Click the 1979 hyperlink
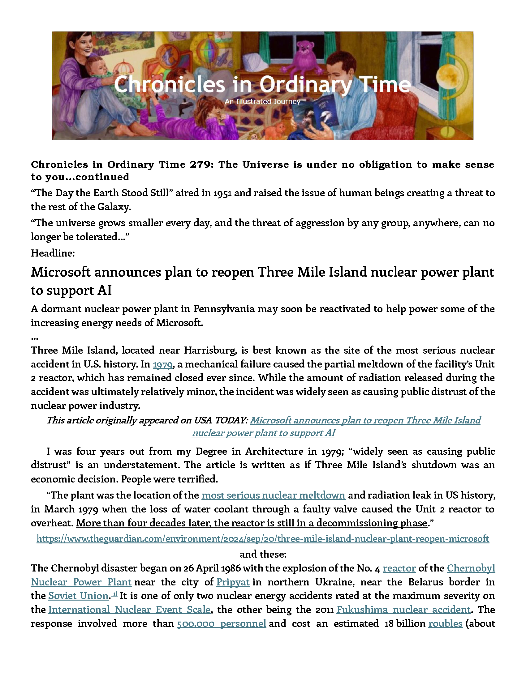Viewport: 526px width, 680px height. (x=162, y=364)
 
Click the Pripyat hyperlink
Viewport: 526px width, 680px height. (x=233, y=582)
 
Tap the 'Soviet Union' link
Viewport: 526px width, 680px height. (x=79, y=596)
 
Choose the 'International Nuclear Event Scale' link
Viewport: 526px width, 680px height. (x=129, y=609)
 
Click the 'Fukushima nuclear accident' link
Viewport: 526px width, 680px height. (x=403, y=609)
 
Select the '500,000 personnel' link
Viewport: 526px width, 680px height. (x=221, y=623)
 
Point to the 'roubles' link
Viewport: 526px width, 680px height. (x=445, y=623)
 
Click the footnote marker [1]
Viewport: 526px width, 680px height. (x=114, y=594)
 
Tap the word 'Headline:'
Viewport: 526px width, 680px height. (x=53, y=253)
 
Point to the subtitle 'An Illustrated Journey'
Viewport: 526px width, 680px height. (x=263, y=101)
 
